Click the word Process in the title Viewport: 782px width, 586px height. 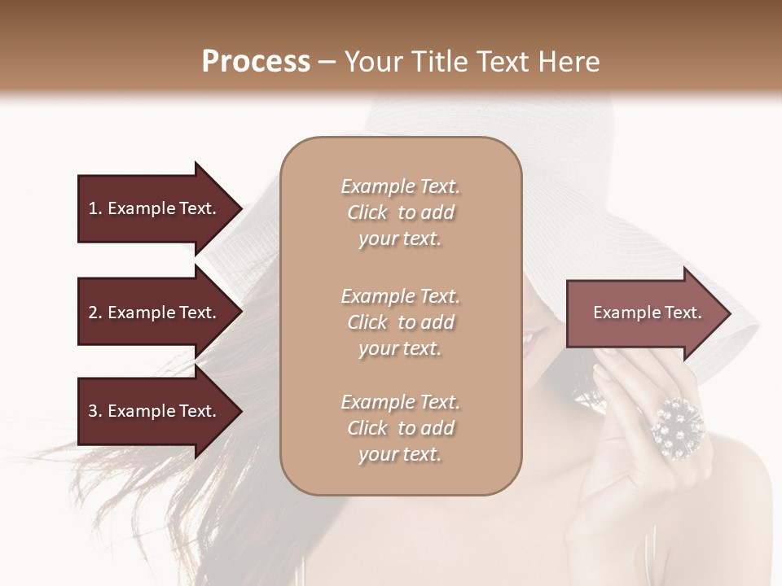256,62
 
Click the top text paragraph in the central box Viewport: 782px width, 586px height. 401,212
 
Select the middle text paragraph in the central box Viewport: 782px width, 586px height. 401,322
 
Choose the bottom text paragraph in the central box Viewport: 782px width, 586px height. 401,428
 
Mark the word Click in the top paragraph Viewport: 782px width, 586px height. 367,212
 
